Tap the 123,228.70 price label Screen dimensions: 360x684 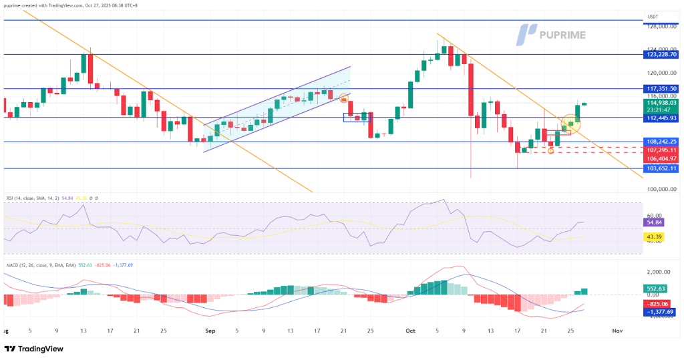(662, 54)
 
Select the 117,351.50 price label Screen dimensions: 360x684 (662, 88)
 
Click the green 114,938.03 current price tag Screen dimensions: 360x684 (662, 103)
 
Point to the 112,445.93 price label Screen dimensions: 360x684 (662, 118)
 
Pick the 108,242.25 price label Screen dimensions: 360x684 (662, 142)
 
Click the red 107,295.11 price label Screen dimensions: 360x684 (662, 150)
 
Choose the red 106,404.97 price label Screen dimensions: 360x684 (662, 159)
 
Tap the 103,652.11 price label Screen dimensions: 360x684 (662, 169)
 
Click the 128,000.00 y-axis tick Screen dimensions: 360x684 (661, 26)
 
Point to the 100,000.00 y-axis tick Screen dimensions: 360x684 (661, 190)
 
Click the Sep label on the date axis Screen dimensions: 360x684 (210, 331)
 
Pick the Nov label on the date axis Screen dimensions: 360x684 (618, 331)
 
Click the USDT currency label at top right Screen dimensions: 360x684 (653, 17)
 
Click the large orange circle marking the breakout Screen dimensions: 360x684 (570, 122)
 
